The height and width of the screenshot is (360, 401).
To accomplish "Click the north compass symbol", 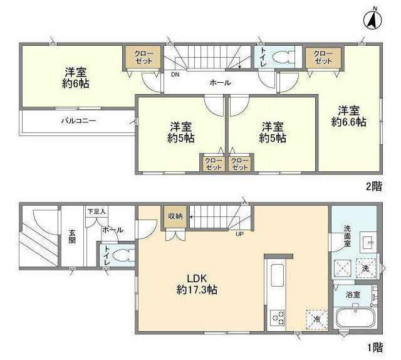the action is click(373, 20).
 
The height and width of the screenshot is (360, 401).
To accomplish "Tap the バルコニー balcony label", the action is click(79, 120).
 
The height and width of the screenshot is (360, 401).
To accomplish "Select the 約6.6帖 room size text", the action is click(349, 122).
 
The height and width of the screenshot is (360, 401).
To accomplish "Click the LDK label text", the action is click(197, 278).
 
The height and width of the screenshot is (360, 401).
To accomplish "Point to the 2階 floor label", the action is click(374, 187).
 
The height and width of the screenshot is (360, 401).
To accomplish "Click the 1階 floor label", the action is click(375, 347).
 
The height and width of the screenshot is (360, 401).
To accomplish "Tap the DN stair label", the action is click(175, 75).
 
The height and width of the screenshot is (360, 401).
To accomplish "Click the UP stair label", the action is click(239, 234).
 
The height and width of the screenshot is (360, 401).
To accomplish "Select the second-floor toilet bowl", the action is click(283, 57).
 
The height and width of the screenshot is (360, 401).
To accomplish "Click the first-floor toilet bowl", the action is click(123, 255).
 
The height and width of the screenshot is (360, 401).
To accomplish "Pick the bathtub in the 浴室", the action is click(355, 319).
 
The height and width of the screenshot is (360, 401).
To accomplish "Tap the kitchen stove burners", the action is click(278, 317).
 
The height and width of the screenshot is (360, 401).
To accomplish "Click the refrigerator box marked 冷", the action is click(317, 319).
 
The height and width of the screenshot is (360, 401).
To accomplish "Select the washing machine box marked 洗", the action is click(366, 268).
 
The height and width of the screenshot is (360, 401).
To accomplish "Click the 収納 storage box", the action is click(175, 216).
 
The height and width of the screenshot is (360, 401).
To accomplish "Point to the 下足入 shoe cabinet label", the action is click(96, 211).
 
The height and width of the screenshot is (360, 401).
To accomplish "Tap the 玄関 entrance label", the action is click(72, 236).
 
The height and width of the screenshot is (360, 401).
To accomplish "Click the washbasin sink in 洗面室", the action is click(368, 241).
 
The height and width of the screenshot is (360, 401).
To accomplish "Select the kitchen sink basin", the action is click(277, 275).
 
